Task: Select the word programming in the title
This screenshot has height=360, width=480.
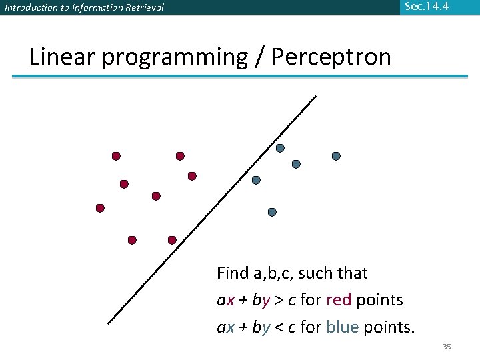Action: pyautogui.click(x=175, y=57)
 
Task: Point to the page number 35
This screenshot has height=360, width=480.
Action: pyautogui.click(x=447, y=347)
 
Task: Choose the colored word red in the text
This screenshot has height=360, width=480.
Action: pyautogui.click(x=338, y=300)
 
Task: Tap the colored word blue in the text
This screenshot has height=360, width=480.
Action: pyautogui.click(x=343, y=327)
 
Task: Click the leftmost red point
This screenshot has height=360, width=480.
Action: pyautogui.click(x=100, y=208)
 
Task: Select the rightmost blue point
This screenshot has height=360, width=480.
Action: pyautogui.click(x=336, y=156)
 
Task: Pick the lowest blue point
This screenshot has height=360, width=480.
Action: pyautogui.click(x=272, y=212)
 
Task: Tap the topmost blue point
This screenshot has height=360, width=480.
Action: pyautogui.click(x=280, y=148)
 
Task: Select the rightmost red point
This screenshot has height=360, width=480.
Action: pyautogui.click(x=192, y=176)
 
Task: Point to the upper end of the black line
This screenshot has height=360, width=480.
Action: pyautogui.click(x=315, y=96)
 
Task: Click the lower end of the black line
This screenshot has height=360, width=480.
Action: pyautogui.click(x=109, y=323)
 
